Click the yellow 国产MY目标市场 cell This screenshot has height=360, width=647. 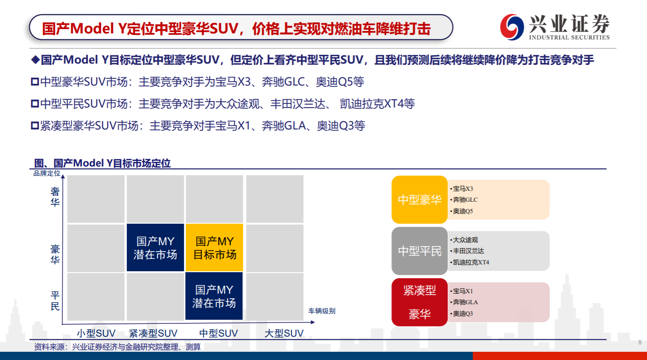coord(214,247)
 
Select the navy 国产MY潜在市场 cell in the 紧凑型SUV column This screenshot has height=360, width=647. coord(156,247)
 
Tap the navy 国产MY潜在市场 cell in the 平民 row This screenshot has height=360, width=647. coord(214,296)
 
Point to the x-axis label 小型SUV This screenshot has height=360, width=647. coord(96,333)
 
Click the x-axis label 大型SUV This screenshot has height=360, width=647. coord(284,333)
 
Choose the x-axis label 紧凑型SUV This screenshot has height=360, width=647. coord(153,333)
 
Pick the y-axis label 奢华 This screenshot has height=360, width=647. coord(55,197)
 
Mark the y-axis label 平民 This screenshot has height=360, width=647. coord(55,301)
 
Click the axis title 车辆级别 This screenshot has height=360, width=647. coord(322,311)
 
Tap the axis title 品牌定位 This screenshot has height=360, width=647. coord(47,173)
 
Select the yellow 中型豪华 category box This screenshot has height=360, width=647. coord(420,199)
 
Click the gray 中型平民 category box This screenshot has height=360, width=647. coord(420,251)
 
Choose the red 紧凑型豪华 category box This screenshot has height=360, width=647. coord(420,302)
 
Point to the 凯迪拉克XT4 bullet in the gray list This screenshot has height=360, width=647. coord(469,263)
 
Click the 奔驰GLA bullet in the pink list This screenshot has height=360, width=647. coord(464,302)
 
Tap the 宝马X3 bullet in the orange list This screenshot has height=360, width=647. coord(462,189)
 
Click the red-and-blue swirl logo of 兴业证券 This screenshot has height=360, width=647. coord(512,27)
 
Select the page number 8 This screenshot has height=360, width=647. coord(640,343)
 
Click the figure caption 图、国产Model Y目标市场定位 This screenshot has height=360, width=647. coord(102,163)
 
